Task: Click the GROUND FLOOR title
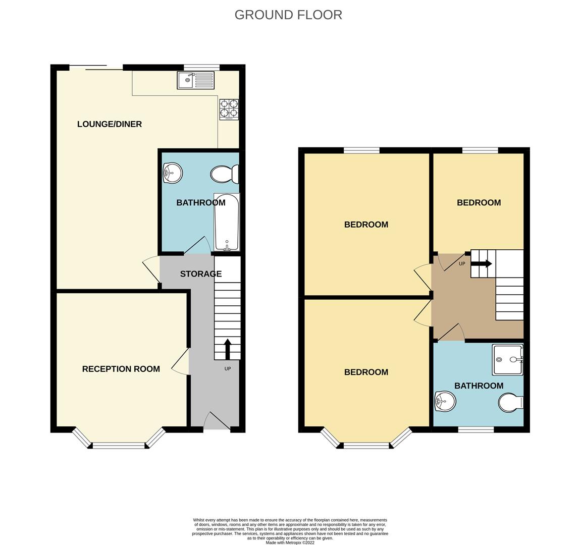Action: pos(288,15)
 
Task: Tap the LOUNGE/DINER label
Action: pos(110,124)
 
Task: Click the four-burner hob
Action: pos(229,109)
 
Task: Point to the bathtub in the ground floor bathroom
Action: pos(227,222)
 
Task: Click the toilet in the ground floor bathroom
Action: pos(224,175)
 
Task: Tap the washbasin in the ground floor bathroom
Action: pos(172,173)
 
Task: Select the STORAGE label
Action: pos(201,274)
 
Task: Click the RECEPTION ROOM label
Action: pos(121,369)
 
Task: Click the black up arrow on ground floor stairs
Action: pos(227,349)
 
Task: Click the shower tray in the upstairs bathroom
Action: pos(508,360)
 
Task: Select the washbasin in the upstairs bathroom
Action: pos(445,402)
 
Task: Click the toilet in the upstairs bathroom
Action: pos(511,403)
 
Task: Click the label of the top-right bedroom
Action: pos(479,203)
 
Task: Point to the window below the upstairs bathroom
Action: pos(476,429)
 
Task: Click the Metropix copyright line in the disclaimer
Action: pos(290,543)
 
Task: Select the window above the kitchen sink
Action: pos(201,67)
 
